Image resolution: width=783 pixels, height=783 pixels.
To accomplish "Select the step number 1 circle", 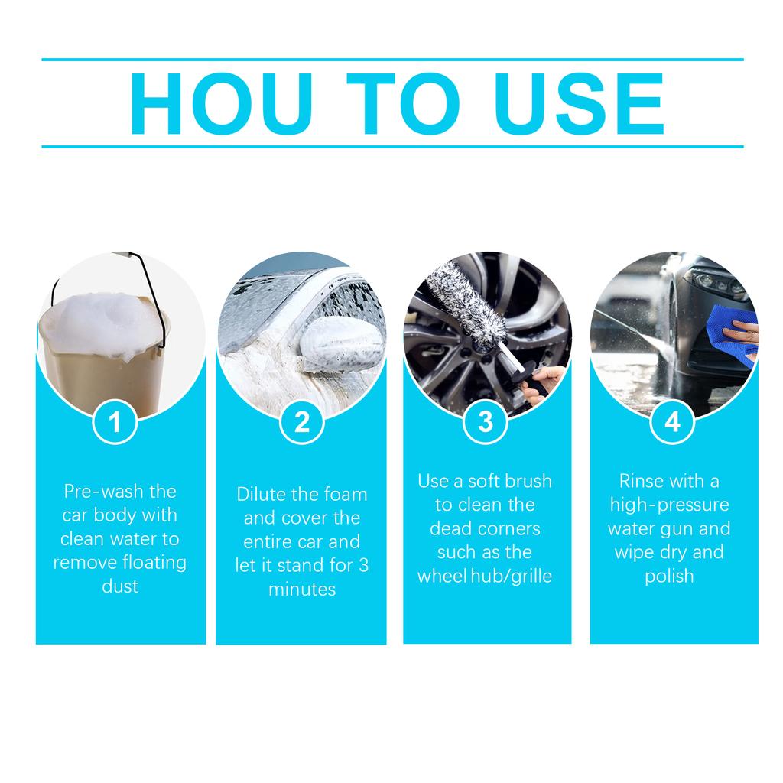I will tap(115, 421).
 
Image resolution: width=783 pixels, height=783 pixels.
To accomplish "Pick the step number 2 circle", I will tap(302, 421).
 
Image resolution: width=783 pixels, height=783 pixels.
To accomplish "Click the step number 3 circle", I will tap(486, 421).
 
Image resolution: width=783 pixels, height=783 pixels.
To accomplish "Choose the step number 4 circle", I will tap(672, 421).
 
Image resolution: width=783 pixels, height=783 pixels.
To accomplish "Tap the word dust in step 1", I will tap(120, 586).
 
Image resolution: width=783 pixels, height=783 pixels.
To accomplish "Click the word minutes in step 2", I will tap(301, 590).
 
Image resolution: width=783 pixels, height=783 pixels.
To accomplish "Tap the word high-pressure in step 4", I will tap(669, 505).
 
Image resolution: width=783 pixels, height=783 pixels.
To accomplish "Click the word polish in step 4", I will tap(670, 576).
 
